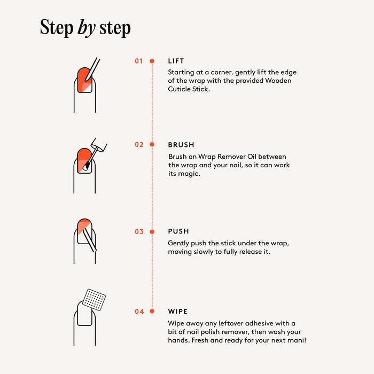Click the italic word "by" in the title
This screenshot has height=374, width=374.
pos(87,28)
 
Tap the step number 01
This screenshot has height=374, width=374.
pos(139,61)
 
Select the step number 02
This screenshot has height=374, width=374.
pos(139,145)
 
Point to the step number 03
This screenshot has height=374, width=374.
pos(139,231)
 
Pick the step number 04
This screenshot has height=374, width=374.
pos(139,311)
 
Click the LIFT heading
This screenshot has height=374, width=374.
pos(176,61)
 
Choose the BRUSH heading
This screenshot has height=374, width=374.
pos(181,145)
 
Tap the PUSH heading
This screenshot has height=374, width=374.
pos(178,231)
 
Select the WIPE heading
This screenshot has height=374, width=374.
pos(178,311)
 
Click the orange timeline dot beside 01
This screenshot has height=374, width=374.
pos(152,61)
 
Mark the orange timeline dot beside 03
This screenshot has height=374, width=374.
pos(152,231)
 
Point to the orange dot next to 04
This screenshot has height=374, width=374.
pos(152,311)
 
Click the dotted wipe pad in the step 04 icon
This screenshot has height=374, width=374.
pos(94,300)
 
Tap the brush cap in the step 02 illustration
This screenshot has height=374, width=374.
pos(99,145)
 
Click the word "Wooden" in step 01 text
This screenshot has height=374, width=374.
pos(278,81)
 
